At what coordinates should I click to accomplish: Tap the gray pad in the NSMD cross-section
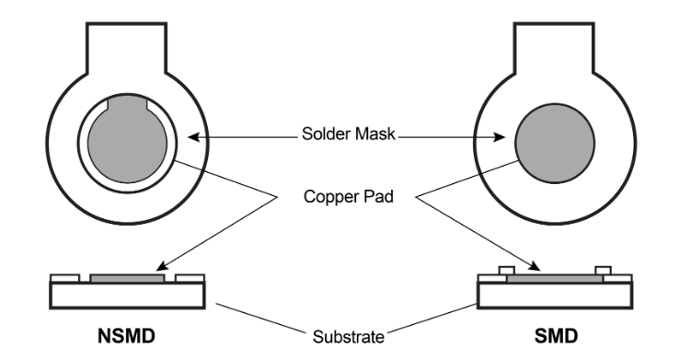tap(128, 276)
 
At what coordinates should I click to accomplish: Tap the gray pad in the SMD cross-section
tap(551, 276)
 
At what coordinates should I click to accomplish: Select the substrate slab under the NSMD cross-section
tap(128, 294)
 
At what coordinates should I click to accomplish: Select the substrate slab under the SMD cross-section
tap(551, 294)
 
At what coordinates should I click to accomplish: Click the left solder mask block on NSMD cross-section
tap(61, 276)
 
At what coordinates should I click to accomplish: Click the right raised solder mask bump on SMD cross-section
tap(603, 271)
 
